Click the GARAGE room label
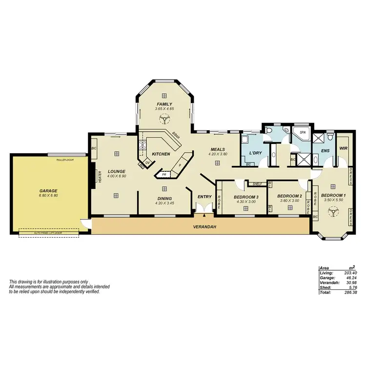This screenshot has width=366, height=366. (x=49, y=191)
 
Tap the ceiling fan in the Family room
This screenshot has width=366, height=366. (x=165, y=118)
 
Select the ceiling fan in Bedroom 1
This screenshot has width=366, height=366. (x=334, y=211)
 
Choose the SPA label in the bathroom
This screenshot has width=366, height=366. (x=302, y=132)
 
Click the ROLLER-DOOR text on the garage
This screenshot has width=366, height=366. (x=64, y=160)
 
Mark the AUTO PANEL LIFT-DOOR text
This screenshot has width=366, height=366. (x=48, y=233)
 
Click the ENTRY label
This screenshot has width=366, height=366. (x=204, y=197)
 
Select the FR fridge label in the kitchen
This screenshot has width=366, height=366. (x=163, y=174)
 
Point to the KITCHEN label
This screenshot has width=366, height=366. (x=161, y=154)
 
